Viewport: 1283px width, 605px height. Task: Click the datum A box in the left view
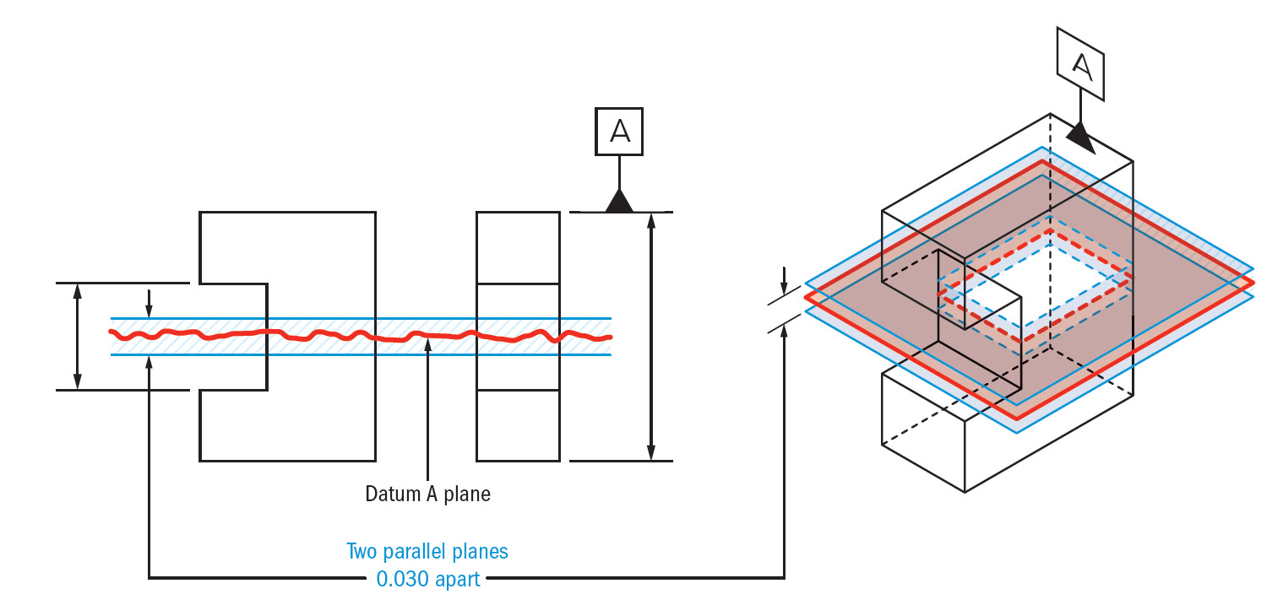coord(619,131)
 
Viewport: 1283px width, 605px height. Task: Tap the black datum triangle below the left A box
coord(619,201)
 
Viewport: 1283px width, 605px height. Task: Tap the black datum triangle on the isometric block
coord(1080,138)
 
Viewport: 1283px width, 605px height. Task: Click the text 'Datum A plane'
coord(427,494)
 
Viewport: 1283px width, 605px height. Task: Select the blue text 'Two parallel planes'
coord(427,552)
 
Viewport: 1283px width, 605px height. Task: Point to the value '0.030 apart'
coord(427,580)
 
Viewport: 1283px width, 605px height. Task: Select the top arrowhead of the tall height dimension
coord(650,221)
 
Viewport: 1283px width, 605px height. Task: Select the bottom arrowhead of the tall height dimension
coord(650,452)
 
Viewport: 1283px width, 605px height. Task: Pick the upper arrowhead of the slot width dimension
coord(78,292)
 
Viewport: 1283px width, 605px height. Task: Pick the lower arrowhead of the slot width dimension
coord(78,381)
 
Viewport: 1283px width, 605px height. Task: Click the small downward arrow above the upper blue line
coord(149,311)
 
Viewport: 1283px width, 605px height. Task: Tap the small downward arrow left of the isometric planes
coord(785,284)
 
